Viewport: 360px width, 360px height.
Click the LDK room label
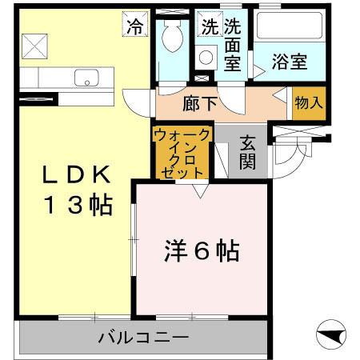72,175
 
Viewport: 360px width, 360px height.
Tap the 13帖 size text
72,206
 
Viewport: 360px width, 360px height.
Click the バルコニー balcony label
142,338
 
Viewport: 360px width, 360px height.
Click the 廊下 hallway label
200,102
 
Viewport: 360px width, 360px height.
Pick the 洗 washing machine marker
210,26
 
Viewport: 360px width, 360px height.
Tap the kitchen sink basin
86,78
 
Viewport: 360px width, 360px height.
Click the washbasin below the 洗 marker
206,58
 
